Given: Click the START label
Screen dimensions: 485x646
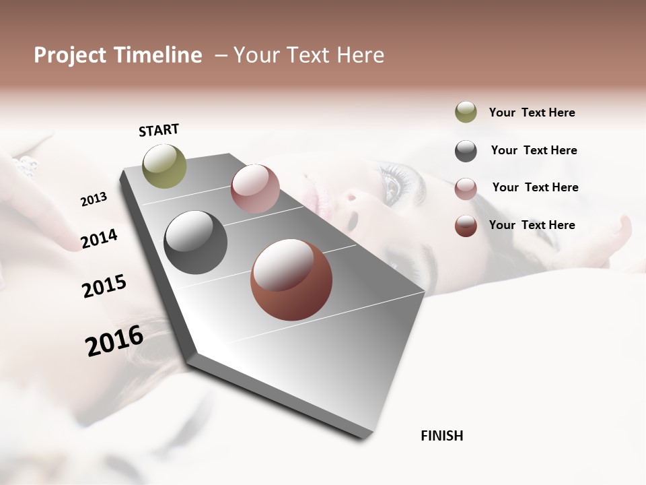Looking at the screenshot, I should coord(159,130).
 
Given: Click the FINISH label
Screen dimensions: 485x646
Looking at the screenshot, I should coord(441,436).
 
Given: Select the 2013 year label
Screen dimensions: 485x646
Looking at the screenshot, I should coord(94,199).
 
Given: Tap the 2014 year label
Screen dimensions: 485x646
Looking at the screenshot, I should coord(99,239).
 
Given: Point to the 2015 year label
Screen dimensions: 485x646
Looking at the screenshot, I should coord(104,286).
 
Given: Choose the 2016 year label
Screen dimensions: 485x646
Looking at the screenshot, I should coord(114,341).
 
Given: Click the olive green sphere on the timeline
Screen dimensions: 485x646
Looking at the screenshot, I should coord(165,166).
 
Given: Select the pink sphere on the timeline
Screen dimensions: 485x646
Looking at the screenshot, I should coord(255,189).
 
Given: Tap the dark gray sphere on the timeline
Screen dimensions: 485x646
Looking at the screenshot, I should coord(196,243).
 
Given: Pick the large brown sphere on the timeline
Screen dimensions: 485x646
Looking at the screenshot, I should coord(291,280).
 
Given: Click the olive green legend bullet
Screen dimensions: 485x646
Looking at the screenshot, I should coord(466,112).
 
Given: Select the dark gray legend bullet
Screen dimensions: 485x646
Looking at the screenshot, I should coord(466,151).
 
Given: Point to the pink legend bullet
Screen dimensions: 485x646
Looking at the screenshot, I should coord(466,189).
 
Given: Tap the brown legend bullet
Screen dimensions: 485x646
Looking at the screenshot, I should coord(466,226).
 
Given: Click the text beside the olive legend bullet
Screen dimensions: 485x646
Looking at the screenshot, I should coord(532,112).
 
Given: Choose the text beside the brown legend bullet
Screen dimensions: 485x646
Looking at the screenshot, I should coord(532,225).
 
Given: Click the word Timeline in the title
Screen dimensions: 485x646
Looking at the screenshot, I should coord(158,55).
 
